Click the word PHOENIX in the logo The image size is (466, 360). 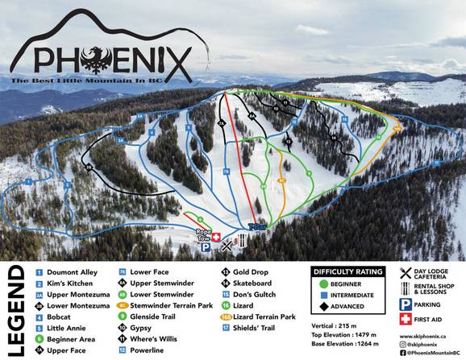click(113, 59)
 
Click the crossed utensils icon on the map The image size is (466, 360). click(227, 244)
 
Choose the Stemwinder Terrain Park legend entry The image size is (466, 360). click(175, 306)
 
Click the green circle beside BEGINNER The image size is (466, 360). click(325, 283)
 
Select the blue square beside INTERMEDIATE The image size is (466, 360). click(325, 296)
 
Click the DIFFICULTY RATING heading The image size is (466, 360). click(348, 271)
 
